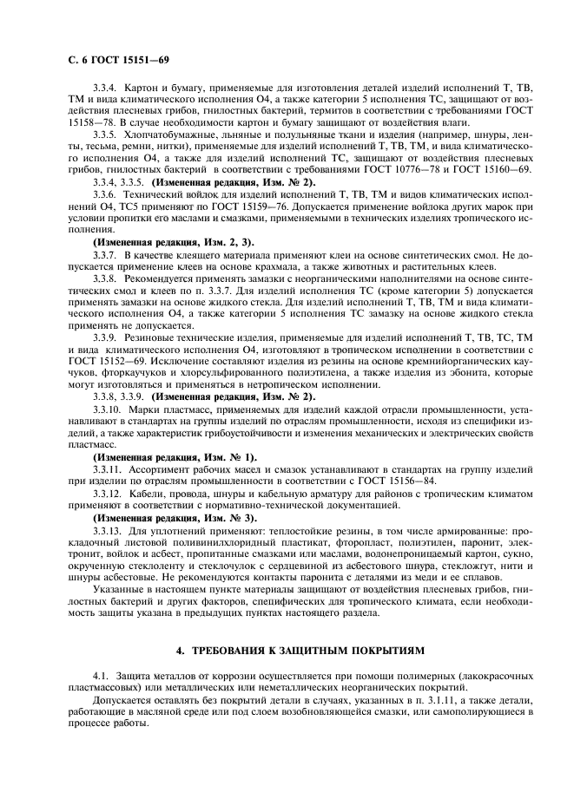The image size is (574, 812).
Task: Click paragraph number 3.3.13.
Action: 109,528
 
